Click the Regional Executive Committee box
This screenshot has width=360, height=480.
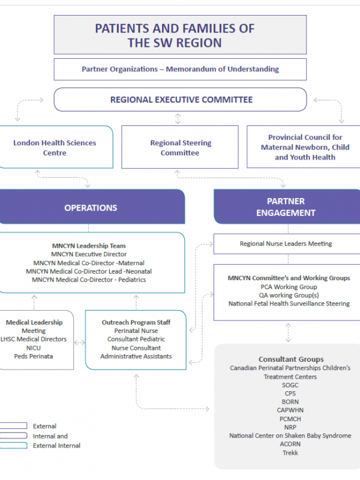[x=181, y=100]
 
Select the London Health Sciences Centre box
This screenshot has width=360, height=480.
[x=55, y=148]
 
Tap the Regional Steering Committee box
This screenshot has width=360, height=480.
[x=180, y=148]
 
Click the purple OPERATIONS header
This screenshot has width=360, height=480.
[x=91, y=208]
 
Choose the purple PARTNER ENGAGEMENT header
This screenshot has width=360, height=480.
[x=286, y=207]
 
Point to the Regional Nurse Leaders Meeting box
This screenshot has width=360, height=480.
[x=286, y=244]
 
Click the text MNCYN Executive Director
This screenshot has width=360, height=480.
[x=89, y=254]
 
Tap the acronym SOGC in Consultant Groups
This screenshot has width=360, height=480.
[x=290, y=385]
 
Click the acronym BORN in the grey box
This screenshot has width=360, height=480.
[x=290, y=402]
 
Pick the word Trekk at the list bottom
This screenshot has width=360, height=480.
[x=290, y=452]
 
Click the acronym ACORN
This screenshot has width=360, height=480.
[x=290, y=444]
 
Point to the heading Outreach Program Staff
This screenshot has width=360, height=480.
[x=136, y=322]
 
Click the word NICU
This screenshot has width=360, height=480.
[x=34, y=347]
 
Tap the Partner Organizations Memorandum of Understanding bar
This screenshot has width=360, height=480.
[x=180, y=69]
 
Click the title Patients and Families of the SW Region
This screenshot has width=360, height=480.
[x=175, y=35]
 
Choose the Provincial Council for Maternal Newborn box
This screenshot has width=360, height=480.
[x=305, y=147]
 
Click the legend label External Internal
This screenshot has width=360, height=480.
[x=57, y=445]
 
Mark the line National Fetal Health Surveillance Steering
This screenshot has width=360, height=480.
[x=289, y=304]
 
